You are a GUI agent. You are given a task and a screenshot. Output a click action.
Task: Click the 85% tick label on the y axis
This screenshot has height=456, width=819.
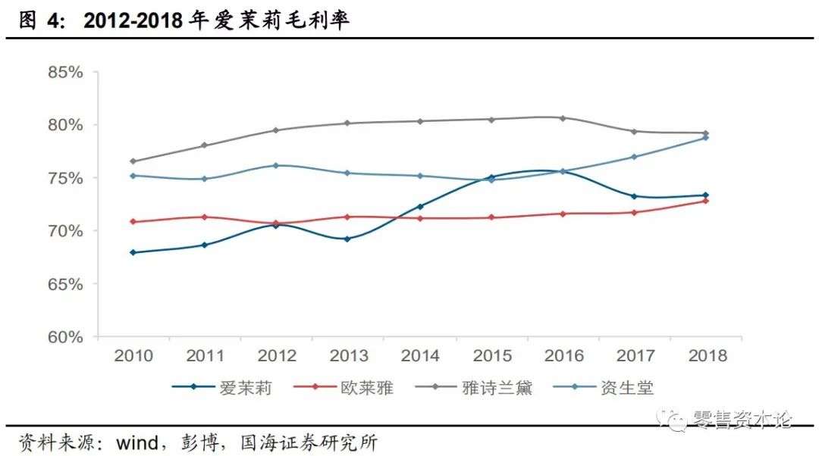pos(64,73)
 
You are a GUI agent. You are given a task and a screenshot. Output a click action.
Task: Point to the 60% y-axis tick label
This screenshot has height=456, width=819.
pos(64,337)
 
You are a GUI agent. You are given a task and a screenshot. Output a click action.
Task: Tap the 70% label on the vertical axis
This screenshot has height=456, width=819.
pos(64,231)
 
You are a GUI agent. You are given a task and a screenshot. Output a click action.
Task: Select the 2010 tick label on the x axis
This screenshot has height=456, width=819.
pos(133,356)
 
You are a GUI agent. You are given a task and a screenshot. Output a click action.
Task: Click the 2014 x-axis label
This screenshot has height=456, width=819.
pos(420,356)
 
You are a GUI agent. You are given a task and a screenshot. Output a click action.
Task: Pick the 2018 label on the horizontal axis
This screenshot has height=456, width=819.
pos(705,356)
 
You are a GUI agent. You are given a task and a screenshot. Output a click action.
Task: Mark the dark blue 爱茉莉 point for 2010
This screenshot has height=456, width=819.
pos(133,252)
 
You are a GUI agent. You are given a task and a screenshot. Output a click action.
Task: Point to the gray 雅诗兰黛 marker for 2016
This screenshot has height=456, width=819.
pos(563,118)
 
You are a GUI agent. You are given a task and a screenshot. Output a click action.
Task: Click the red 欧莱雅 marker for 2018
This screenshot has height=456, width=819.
pos(705,201)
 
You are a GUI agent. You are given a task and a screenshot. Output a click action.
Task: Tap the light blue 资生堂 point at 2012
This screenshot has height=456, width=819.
pos(276,165)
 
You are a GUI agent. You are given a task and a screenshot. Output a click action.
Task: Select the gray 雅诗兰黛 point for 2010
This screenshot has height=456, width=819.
pos(133,161)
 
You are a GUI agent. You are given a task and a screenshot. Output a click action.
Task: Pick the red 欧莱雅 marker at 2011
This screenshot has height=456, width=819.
pos(204,217)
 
